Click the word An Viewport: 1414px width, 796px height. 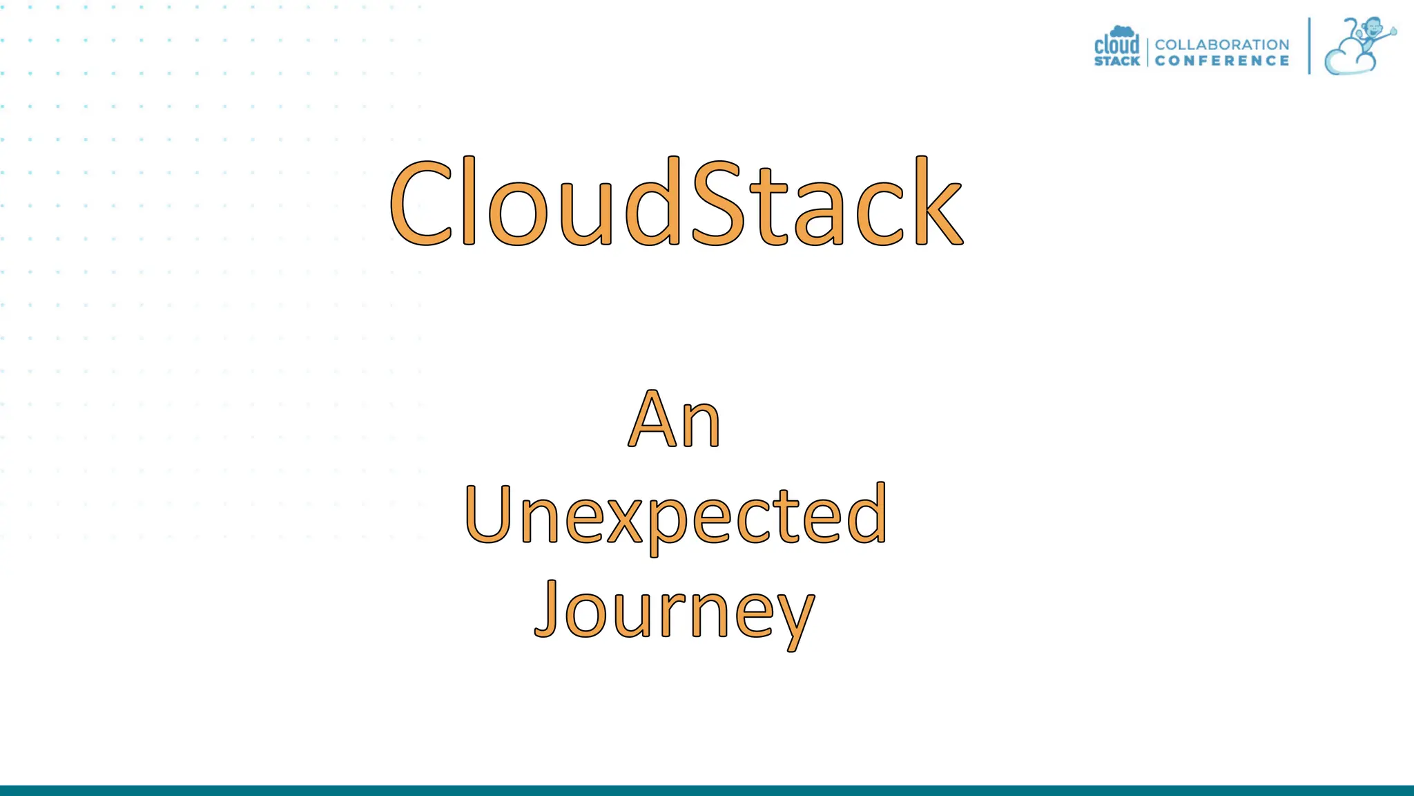[675, 419]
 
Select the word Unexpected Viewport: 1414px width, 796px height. [675, 515]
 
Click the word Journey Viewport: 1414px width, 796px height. [675, 611]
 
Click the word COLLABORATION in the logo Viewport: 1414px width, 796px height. [1221, 44]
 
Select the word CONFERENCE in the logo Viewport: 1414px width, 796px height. [1221, 61]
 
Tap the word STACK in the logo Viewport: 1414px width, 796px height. [1116, 61]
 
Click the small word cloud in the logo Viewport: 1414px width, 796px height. [1116, 44]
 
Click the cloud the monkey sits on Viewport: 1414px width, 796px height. [1346, 61]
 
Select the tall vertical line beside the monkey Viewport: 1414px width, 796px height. [1309, 46]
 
